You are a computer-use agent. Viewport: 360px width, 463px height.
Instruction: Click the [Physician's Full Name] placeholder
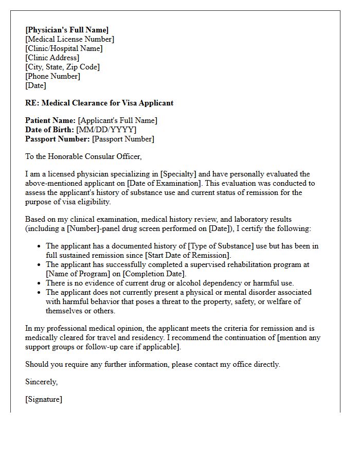pos(67,30)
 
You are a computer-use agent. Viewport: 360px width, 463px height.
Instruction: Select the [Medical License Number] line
pos(69,39)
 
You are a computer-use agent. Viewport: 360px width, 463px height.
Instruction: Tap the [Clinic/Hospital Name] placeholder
pos(64,48)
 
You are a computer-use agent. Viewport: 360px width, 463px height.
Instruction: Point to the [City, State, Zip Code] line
pos(62,67)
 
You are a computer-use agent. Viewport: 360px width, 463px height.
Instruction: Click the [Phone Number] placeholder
pos(52,76)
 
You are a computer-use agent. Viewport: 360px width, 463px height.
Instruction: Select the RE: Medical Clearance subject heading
pos(99,103)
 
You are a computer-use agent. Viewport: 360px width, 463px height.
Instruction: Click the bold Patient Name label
pos(50,120)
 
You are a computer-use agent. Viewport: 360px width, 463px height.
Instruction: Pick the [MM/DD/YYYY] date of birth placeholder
pos(106,130)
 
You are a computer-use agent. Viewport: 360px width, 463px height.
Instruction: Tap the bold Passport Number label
pos(58,139)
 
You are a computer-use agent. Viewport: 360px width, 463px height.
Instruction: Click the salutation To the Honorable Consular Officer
pos(83,156)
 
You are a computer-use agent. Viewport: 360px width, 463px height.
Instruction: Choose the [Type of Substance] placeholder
pos(216,246)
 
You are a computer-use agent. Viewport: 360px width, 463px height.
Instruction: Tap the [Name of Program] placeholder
pos(78,274)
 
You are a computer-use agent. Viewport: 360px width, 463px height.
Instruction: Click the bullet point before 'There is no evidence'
pos(39,283)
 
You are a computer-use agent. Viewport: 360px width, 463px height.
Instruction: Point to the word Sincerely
pos(42,382)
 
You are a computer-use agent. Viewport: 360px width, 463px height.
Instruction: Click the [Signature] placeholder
pos(44,399)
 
